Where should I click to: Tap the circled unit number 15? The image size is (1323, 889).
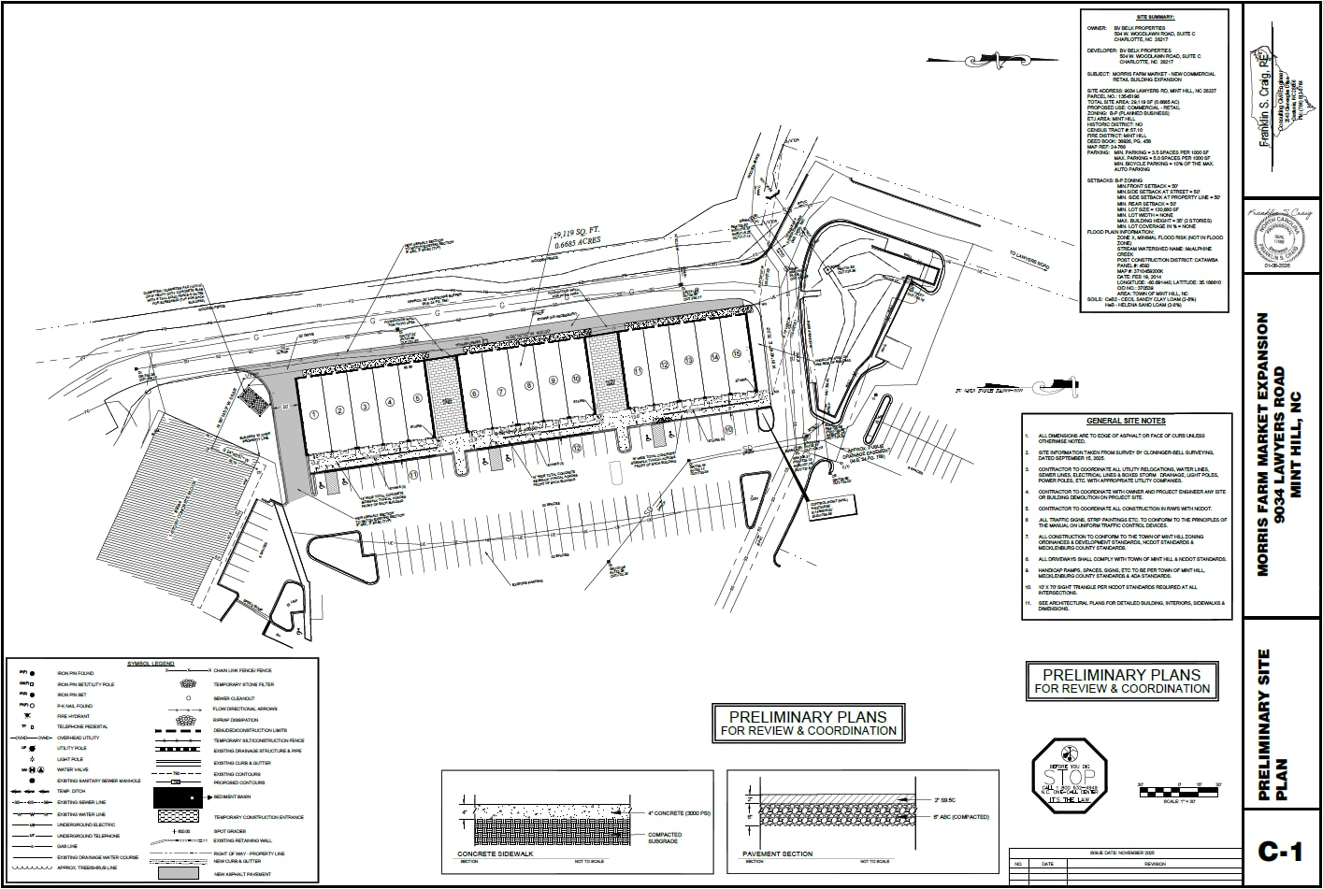(738, 353)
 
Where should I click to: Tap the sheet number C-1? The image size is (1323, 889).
(1280, 851)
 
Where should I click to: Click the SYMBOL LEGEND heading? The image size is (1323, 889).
(150, 663)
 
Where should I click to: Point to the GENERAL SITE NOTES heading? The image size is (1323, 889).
(1126, 422)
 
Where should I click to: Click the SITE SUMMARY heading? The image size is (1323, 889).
(1155, 17)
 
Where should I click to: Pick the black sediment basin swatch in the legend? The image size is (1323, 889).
(179, 797)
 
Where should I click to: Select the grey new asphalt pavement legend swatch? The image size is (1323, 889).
(179, 873)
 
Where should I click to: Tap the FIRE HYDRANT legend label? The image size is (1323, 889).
(74, 716)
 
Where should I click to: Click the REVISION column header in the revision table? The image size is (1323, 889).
(1154, 864)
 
